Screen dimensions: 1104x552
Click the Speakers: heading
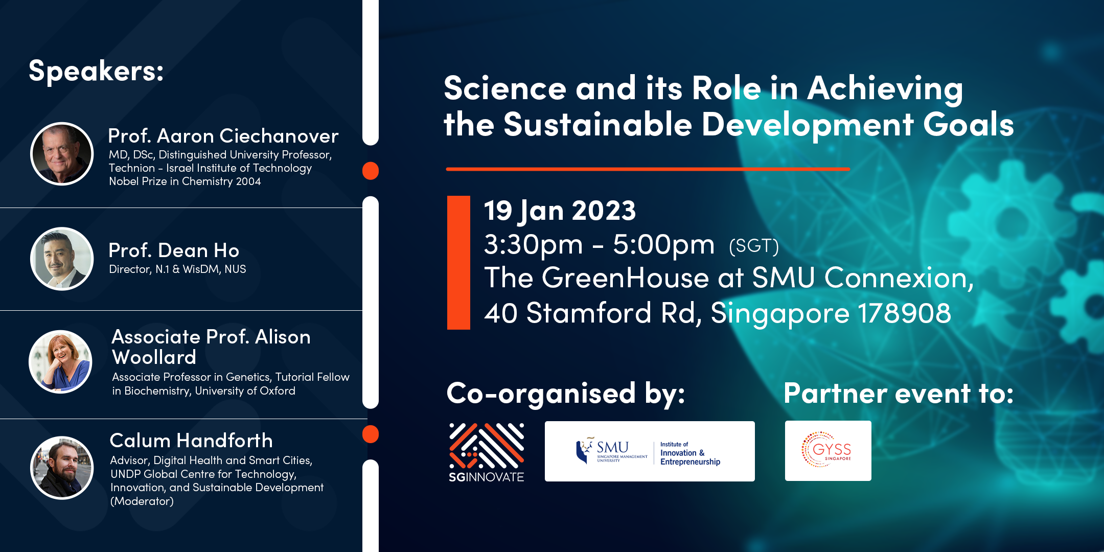[x=96, y=71]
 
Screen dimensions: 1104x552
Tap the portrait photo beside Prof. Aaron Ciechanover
[x=62, y=154]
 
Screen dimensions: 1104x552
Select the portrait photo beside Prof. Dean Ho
[x=62, y=259]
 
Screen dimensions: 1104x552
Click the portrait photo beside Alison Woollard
[x=60, y=362]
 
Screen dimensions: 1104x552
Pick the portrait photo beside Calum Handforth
[x=62, y=468]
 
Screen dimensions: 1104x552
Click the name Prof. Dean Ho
[x=174, y=250]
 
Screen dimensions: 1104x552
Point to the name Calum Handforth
[x=191, y=441]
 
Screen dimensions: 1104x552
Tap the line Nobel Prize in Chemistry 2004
[x=185, y=181]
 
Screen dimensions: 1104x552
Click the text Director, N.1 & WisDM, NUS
[x=177, y=269]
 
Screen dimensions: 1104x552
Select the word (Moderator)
[x=142, y=501]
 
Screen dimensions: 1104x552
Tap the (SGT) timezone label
[x=754, y=246]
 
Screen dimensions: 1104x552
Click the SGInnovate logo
[x=487, y=452]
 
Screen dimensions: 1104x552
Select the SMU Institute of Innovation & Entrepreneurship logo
[x=650, y=451]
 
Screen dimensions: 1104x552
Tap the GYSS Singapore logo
[x=828, y=451]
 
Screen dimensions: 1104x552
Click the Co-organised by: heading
[x=566, y=394]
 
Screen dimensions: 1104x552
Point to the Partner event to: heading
[x=899, y=394]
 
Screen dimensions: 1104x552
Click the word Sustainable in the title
[x=597, y=125]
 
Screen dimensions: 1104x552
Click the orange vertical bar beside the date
[x=458, y=263]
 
